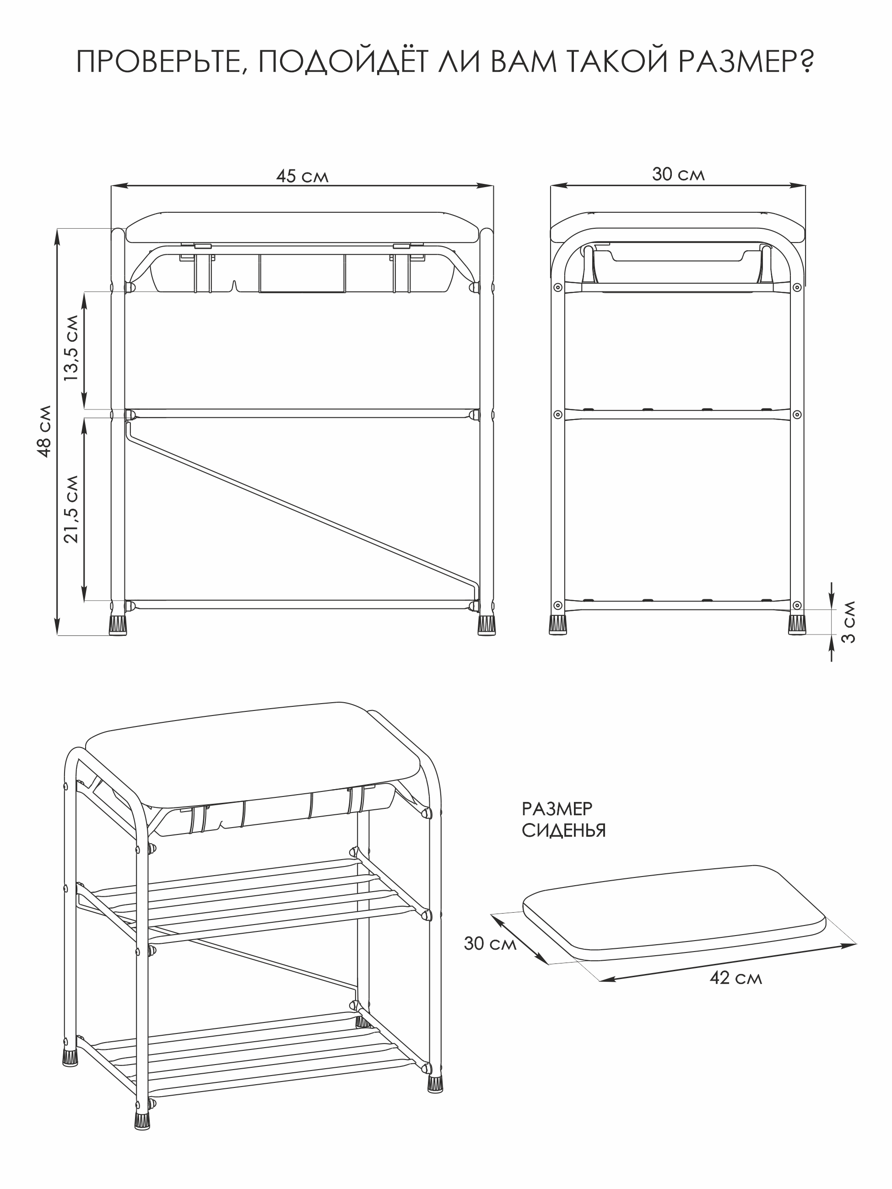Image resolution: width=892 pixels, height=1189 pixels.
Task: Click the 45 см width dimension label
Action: tap(302, 176)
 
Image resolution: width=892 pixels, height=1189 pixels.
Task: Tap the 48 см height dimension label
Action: tap(45, 431)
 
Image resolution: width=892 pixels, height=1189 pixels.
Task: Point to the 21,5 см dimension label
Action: tap(71, 509)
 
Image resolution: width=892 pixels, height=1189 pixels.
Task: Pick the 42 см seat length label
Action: tap(735, 977)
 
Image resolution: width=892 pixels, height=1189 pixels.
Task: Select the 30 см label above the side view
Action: tap(678, 174)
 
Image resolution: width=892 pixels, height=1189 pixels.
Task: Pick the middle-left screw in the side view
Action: tap(557, 414)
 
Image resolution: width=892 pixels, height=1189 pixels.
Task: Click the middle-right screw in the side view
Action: tap(797, 414)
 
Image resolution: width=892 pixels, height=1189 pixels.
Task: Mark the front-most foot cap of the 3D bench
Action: tap(141, 1119)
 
